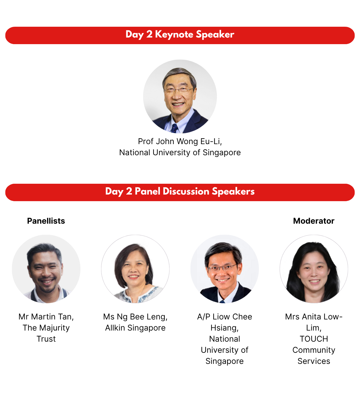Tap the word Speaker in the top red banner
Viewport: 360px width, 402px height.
pyautogui.click(x=215, y=35)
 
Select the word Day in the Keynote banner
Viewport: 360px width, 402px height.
pyautogui.click(x=134, y=35)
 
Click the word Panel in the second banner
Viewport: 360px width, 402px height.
pyautogui.click(x=147, y=191)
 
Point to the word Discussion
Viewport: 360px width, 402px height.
pyautogui.click(x=186, y=191)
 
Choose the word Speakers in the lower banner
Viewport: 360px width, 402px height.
pyautogui.click(x=233, y=191)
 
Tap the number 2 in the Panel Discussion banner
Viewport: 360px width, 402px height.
pyautogui.click(x=129, y=191)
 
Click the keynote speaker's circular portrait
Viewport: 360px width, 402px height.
pyautogui.click(x=180, y=96)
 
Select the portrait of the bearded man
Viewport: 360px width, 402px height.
pyautogui.click(x=46, y=269)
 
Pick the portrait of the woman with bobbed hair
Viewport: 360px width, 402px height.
pyautogui.click(x=135, y=269)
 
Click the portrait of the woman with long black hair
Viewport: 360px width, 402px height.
pyautogui.click(x=314, y=269)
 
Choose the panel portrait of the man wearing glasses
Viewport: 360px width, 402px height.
pyautogui.click(x=224, y=269)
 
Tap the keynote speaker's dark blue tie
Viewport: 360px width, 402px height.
pyautogui.click(x=174, y=128)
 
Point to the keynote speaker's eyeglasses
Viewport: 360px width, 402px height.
pyautogui.click(x=179, y=90)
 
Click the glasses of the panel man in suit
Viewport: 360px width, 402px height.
pyautogui.click(x=223, y=267)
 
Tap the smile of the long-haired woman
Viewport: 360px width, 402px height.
pyautogui.click(x=314, y=281)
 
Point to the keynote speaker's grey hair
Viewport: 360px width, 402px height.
pyautogui.click(x=179, y=74)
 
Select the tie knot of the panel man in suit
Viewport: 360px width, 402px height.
pyautogui.click(x=222, y=301)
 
